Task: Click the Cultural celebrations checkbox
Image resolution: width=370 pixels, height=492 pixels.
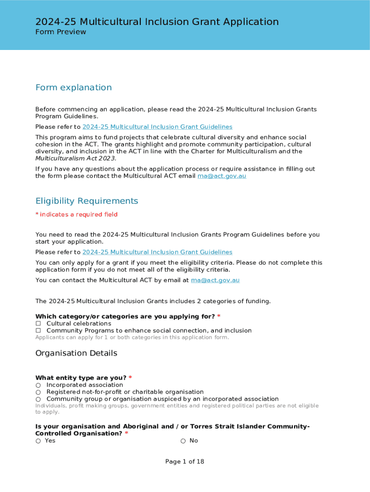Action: (x=38, y=324)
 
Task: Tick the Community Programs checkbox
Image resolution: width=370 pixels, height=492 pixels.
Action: (x=38, y=331)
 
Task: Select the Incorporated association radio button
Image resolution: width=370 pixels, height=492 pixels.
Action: (x=38, y=385)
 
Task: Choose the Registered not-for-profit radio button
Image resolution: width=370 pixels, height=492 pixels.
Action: (x=38, y=392)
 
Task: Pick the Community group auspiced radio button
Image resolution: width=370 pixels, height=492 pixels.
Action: (x=38, y=399)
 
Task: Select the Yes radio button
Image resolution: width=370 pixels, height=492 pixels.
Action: (x=38, y=441)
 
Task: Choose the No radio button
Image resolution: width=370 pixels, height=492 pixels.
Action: (x=183, y=441)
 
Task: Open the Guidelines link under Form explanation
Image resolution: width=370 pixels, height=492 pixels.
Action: (x=157, y=127)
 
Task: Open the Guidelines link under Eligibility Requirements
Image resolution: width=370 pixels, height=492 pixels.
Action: (x=157, y=252)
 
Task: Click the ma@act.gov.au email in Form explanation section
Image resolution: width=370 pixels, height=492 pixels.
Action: (x=222, y=176)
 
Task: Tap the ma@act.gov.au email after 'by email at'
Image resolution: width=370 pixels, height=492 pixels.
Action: (x=215, y=280)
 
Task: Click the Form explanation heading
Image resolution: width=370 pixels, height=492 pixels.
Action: (x=74, y=87)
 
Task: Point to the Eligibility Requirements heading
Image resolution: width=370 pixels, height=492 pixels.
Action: (x=86, y=201)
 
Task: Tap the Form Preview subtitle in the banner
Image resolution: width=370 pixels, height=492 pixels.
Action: (x=61, y=32)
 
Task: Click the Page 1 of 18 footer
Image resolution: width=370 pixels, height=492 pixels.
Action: (x=185, y=462)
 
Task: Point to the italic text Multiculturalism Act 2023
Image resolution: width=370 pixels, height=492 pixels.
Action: (x=76, y=159)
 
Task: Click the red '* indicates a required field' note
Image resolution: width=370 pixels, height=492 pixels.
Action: (x=76, y=214)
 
